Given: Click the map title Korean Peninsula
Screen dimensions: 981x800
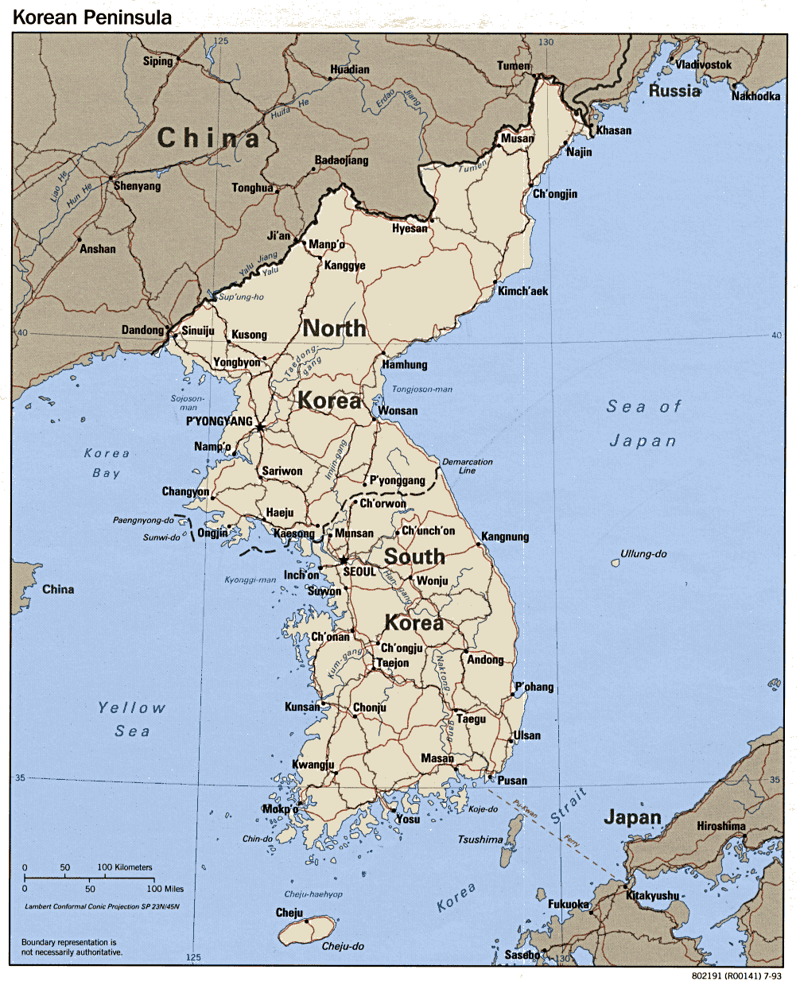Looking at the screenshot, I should coord(92,17).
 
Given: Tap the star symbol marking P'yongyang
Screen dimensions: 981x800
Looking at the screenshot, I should coord(259,428).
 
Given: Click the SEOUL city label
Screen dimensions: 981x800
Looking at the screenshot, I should coord(359,572).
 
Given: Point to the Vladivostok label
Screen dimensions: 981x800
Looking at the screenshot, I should coord(704,64).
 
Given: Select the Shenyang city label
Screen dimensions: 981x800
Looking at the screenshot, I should coord(137,186).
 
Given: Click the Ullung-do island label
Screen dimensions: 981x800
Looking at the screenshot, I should coord(643,553).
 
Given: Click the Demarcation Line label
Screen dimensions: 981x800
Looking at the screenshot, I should coord(468,466).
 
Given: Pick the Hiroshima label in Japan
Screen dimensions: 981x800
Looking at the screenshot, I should coord(721,826).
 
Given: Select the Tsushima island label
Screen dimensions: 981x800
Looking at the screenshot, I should coord(480,839).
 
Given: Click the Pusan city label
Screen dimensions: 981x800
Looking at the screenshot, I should coord(512,781).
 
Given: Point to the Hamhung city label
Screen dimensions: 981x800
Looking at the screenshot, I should coord(405,365).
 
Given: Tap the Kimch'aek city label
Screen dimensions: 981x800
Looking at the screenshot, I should coord(523,291).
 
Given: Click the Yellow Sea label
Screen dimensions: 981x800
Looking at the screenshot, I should coord(132,719).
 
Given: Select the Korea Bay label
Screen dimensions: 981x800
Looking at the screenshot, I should coord(107,463).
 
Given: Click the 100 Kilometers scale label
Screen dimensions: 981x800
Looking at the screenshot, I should coord(125,867).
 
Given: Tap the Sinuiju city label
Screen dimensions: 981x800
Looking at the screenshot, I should coord(198,331).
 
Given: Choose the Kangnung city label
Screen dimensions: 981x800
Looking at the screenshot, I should coord(505,537).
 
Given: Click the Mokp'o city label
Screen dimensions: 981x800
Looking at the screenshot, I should coord(280,810).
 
